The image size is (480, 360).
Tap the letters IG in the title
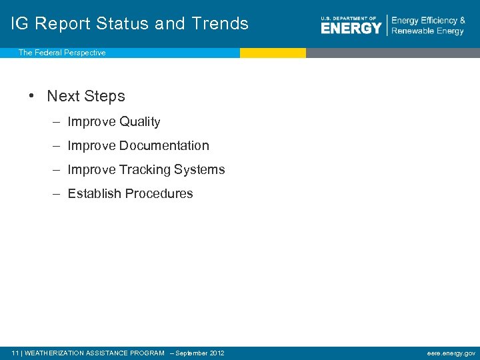20,23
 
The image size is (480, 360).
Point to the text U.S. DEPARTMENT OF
349,18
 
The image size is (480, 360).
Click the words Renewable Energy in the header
427,31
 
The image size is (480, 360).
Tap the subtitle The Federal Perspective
62,53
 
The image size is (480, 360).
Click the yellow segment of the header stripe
273,53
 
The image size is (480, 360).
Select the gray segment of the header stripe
393,53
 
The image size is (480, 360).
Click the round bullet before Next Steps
32,96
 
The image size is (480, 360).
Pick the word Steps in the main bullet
105,96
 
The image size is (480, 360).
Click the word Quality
139,122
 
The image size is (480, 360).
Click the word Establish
93,194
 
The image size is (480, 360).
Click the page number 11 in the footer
16,353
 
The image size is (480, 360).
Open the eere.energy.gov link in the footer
451,353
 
